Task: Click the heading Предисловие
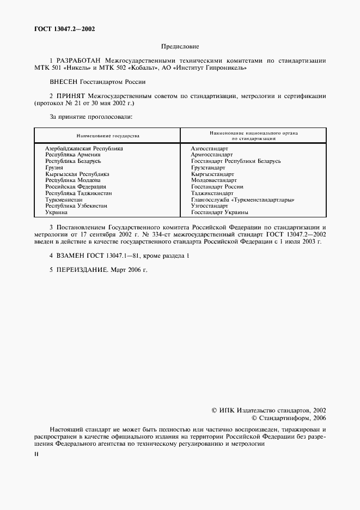[x=180, y=47]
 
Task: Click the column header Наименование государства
[x=108, y=135]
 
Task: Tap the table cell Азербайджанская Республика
[x=84, y=148]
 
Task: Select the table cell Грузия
[x=54, y=168]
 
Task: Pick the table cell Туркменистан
[x=64, y=199]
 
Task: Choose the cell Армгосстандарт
[x=211, y=155]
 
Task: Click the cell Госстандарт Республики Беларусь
[x=236, y=161]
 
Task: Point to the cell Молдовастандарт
[x=214, y=180]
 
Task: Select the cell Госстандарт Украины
[x=219, y=212]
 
